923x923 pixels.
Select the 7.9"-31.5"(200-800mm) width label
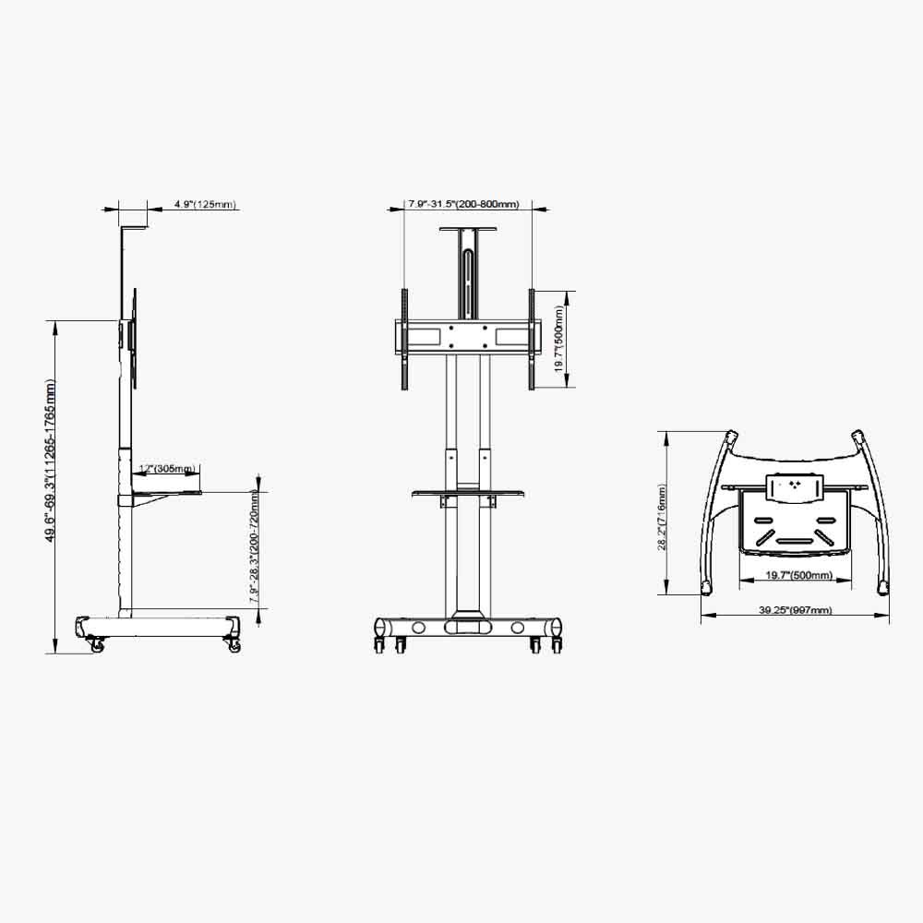(464, 205)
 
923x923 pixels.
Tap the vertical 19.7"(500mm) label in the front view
(559, 340)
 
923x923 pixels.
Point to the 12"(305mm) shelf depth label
(166, 469)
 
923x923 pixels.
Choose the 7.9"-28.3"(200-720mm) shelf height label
(255, 546)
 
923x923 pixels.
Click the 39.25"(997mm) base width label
(796, 610)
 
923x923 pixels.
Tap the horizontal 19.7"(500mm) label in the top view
(799, 575)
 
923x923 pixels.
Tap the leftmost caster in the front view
(378, 644)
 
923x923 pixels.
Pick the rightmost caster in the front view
(557, 644)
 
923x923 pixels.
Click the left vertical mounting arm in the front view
(404, 339)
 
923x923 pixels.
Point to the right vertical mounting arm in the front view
(532, 339)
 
